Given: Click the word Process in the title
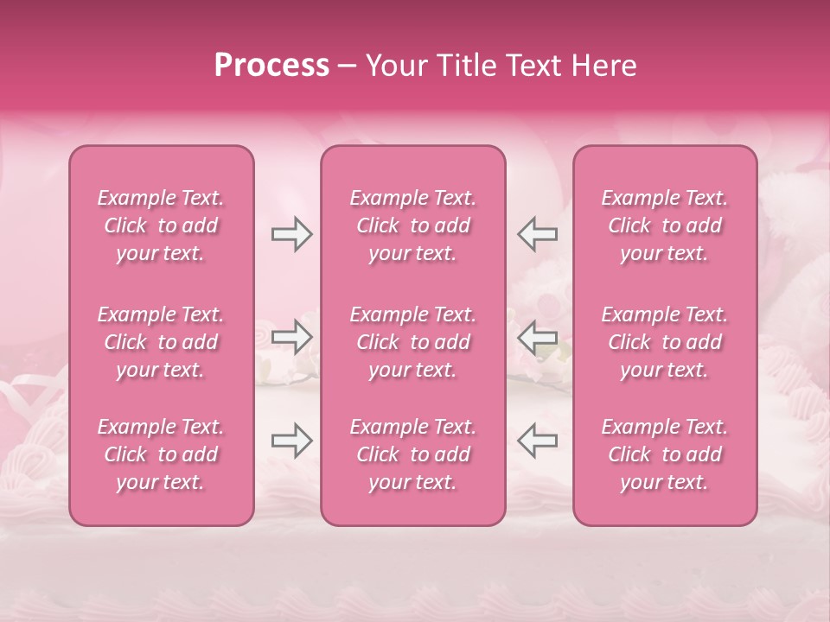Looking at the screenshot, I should coord(271,66).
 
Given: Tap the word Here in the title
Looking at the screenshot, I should coord(603,66).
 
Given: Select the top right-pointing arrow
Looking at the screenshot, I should coord(291,234).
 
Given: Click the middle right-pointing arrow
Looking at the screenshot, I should coord(291,337).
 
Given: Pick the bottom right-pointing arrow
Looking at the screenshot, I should coord(291,441).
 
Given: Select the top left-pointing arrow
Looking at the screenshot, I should coord(537,234).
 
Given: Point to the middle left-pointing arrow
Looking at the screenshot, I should coord(537,337).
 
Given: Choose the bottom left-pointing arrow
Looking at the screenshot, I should coord(537,441).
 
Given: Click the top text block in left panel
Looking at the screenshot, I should coord(161,225).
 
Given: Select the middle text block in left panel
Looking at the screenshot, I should coord(161,342).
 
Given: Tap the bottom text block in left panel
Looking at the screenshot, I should coord(161,454).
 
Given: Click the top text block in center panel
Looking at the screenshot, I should coord(413,225).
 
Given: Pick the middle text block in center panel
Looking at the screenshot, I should coord(413,342).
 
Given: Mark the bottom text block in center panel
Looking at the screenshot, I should coord(413,454).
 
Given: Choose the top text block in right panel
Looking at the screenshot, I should coord(665,225).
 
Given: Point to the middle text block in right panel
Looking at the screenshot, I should coord(665,342).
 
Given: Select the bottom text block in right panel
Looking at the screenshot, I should coord(665,454).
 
